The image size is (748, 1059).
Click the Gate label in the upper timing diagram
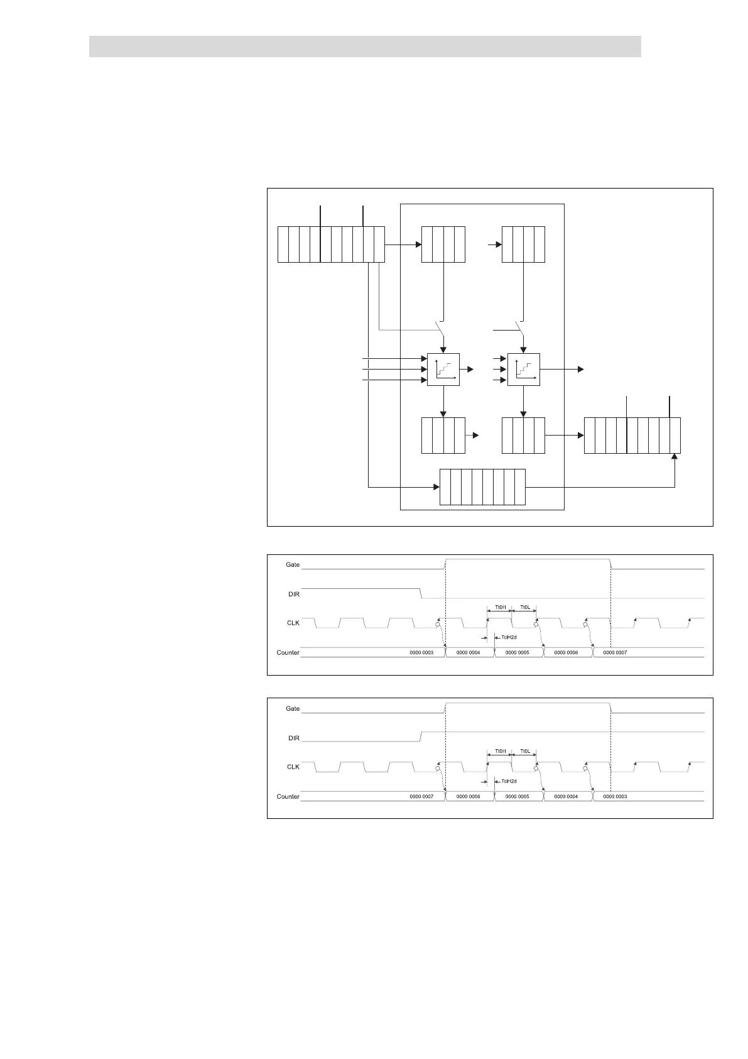tap(293, 564)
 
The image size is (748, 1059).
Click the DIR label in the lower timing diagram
tap(293, 738)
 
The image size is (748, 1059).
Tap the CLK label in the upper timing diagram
tap(293, 623)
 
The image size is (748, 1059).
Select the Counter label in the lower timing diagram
tap(288, 796)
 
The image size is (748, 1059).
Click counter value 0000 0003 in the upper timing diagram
tap(421, 652)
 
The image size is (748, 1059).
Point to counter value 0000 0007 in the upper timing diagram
tap(615, 652)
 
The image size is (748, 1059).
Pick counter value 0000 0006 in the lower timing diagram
tap(468, 796)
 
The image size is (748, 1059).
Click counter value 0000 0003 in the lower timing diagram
tap(615, 796)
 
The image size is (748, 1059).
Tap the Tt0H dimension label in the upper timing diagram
tap(500, 608)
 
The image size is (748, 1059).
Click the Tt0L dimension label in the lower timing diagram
tap(525, 751)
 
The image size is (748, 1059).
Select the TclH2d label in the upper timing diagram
tap(509, 637)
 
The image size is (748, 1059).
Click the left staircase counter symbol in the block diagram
tap(443, 370)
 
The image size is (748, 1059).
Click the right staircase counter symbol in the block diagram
tap(524, 370)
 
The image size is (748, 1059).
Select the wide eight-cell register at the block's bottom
tap(482, 486)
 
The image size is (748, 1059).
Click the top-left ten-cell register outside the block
tap(331, 244)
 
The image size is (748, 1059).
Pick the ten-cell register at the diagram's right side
tap(632, 435)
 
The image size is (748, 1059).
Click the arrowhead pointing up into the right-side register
tap(675, 458)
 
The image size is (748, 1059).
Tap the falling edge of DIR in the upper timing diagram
tap(421, 593)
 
